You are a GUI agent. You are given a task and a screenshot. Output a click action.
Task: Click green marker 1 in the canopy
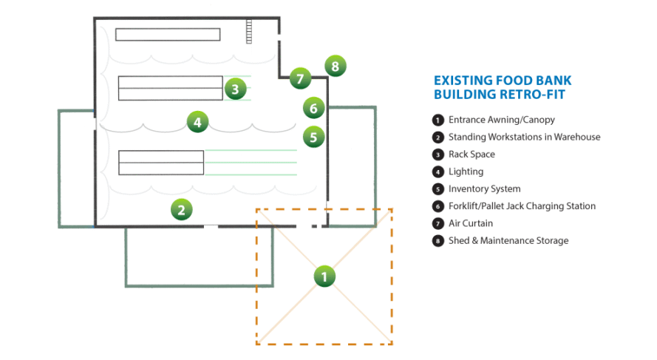(324, 276)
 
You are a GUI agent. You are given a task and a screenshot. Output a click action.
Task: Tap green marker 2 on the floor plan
(181, 209)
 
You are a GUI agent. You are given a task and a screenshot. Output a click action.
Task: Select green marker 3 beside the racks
(235, 89)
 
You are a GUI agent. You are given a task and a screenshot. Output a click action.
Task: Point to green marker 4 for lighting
(197, 121)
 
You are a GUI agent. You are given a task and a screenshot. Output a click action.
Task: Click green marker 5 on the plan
(313, 136)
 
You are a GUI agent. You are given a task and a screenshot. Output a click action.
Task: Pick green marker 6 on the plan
(313, 108)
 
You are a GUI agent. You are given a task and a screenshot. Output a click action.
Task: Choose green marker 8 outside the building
(335, 66)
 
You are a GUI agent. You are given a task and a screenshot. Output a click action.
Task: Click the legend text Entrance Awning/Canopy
(501, 120)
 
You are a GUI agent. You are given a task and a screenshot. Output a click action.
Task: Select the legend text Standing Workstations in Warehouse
(524, 137)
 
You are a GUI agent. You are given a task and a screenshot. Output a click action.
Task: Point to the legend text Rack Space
(472, 154)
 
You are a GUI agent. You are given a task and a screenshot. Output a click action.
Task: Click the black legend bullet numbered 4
(438, 171)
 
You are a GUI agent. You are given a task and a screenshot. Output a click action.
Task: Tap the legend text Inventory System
(484, 189)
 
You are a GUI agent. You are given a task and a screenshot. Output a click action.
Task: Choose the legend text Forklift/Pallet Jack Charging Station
(522, 206)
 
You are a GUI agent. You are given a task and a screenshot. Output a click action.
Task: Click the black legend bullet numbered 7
(438, 223)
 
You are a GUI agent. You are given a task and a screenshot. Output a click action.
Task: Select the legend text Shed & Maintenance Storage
(508, 240)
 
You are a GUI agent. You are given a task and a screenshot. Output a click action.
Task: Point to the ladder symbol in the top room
(249, 30)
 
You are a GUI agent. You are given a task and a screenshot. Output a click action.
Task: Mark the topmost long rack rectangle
(168, 34)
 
